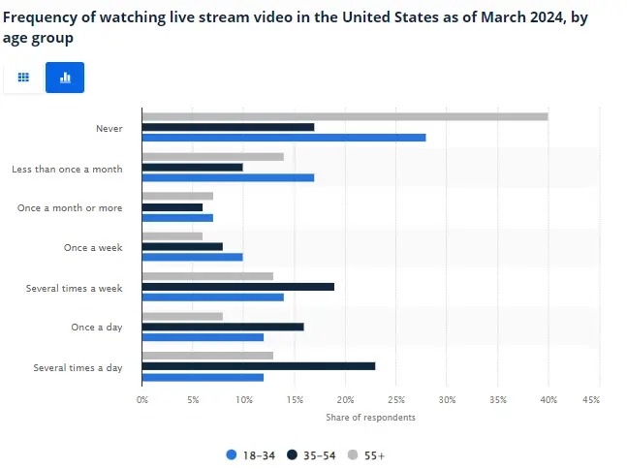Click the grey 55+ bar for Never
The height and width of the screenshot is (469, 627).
tap(345, 116)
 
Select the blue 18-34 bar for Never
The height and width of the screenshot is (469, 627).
tap(284, 138)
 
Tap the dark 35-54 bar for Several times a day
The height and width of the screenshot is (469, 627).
tap(259, 366)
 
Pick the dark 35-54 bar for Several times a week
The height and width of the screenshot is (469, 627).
tap(238, 287)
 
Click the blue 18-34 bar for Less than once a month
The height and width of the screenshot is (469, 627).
tap(228, 177)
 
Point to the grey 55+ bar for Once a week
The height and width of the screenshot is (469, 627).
tap(172, 236)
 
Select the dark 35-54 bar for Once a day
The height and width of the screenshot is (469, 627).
tap(223, 327)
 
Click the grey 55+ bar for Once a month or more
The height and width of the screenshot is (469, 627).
tap(177, 196)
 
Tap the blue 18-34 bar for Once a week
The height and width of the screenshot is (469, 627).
tap(193, 257)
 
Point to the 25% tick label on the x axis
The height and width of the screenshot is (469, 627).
tap(396, 399)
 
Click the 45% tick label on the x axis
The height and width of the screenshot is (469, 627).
tap(599, 399)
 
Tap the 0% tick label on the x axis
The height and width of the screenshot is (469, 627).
tap(142, 399)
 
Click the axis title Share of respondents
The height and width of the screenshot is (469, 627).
tap(371, 417)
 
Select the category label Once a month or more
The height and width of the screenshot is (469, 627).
tap(70, 207)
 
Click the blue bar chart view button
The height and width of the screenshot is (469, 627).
tap(65, 78)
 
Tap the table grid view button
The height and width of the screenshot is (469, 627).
tap(23, 78)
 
